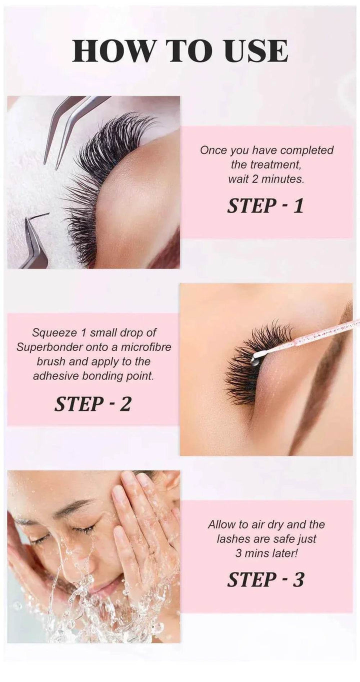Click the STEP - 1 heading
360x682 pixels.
[x=265, y=206]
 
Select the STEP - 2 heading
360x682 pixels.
[x=92, y=403]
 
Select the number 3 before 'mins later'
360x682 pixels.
[x=238, y=553]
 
